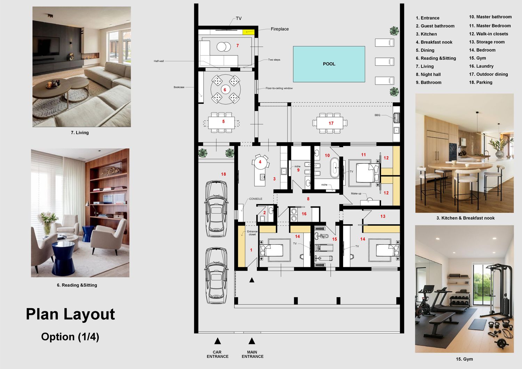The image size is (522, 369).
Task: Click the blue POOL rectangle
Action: pos(329,64)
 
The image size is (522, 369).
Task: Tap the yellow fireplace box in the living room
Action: pos(248,32)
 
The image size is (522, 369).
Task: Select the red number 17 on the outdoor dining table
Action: pos(331,123)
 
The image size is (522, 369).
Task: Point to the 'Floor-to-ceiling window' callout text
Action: pos(279,88)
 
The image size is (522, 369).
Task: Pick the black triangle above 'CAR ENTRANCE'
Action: pos(217,341)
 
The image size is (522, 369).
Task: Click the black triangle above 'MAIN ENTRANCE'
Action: pos(252,341)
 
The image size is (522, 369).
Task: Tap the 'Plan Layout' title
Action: pos(70,314)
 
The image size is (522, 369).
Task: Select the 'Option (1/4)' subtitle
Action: pos(70,337)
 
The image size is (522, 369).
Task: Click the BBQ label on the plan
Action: pos(377,115)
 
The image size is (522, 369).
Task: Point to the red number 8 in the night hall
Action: pos(308,199)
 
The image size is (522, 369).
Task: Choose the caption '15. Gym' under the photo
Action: pos(465,359)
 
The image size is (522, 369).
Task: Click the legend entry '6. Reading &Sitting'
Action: pos(436,58)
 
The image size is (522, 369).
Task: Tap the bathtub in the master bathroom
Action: pos(335,168)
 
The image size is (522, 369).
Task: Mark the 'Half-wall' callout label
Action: pos(159,61)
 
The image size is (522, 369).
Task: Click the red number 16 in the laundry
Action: pos(304,214)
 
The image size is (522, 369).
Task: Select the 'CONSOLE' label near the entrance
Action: pos(256,199)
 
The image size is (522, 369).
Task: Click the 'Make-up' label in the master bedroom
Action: pos(356,194)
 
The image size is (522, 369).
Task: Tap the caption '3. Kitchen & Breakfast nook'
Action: pos(465,218)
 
